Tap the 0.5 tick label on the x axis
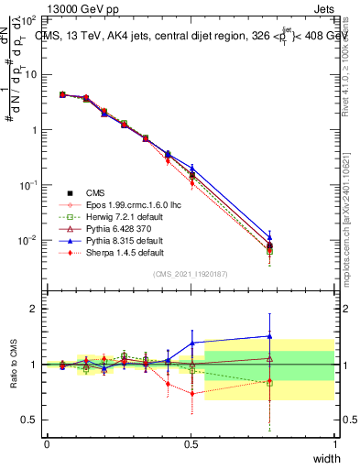(x=191, y=444)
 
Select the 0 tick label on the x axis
(x=47, y=444)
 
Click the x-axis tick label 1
(x=334, y=444)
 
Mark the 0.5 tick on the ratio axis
(x=32, y=420)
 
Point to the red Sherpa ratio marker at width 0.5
(x=191, y=394)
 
